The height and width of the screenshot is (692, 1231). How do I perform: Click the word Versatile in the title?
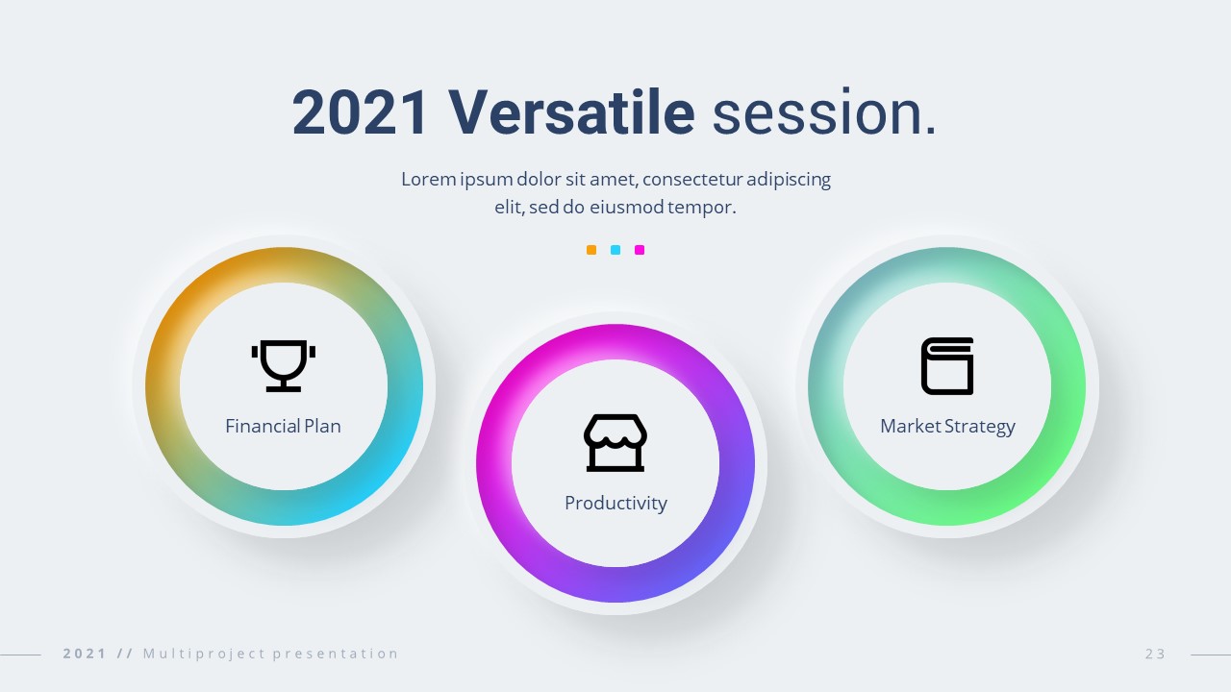[571, 112]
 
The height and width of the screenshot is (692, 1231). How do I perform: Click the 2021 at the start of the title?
[360, 112]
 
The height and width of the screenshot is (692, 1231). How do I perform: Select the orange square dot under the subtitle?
[591, 250]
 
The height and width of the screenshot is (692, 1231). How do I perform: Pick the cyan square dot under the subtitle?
[615, 250]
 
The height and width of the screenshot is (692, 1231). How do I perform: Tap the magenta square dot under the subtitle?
[640, 250]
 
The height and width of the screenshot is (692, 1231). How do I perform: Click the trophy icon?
[284, 366]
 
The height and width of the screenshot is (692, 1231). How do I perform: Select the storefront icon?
[615, 443]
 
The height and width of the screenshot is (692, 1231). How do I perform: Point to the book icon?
[947, 366]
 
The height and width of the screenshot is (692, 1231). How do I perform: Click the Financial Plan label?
[283, 426]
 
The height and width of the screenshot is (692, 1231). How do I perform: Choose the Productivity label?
[615, 503]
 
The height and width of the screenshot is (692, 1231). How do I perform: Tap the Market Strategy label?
[947, 427]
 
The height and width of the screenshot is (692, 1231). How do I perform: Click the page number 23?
[1156, 654]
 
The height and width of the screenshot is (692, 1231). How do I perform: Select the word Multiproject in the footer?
[204, 654]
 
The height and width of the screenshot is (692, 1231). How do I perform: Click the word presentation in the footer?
[336, 654]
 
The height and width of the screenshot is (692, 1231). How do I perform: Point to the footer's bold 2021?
[85, 654]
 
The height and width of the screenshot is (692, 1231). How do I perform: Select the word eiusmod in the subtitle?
[626, 207]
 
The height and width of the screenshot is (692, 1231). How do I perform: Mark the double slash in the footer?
[125, 654]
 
